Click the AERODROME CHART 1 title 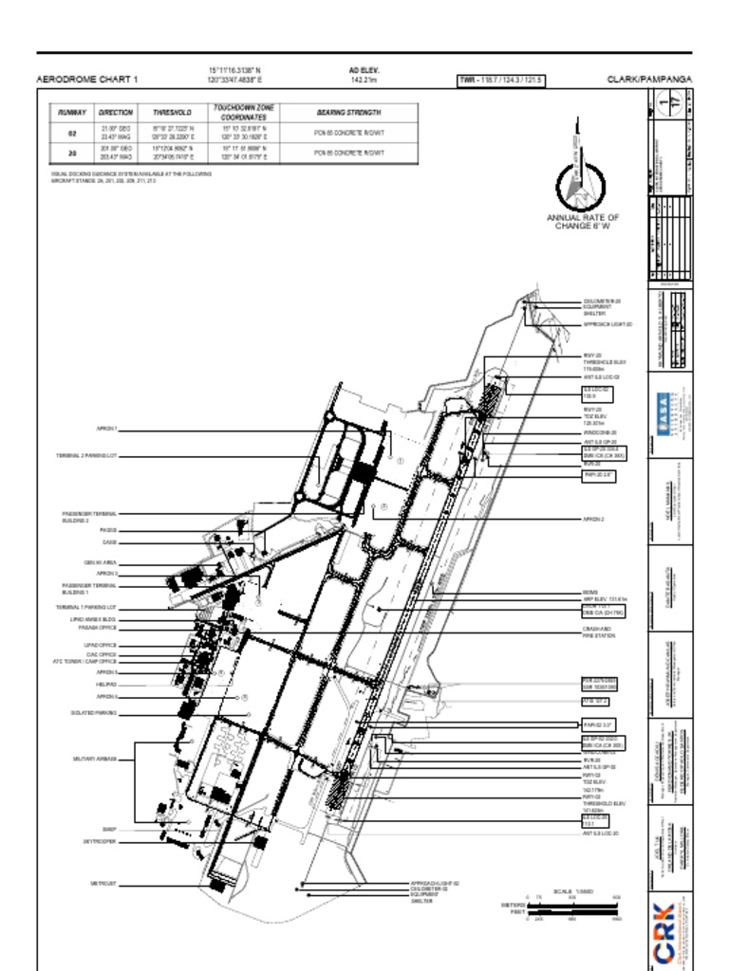(x=86, y=80)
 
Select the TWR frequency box (x=501, y=81)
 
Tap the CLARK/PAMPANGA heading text (x=649, y=80)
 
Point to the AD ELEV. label (x=364, y=70)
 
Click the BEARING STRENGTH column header (x=349, y=112)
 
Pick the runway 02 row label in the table (x=72, y=133)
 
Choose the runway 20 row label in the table (x=72, y=153)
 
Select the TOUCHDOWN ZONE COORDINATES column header (x=244, y=113)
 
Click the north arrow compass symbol (x=578, y=180)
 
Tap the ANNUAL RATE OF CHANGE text (x=582, y=222)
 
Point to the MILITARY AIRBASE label (x=95, y=759)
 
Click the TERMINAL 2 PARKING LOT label (x=85, y=456)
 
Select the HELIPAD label (x=105, y=684)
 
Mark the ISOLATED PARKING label (x=93, y=712)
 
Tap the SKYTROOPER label (x=100, y=841)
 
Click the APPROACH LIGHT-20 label (x=607, y=324)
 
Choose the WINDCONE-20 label (x=599, y=431)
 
